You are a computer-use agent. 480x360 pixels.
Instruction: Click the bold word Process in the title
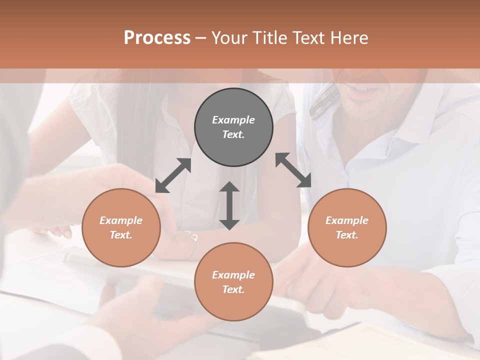(157, 38)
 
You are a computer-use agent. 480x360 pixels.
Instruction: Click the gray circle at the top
(233, 127)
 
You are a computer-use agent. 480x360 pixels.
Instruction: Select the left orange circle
(121, 227)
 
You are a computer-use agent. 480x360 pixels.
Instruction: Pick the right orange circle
(347, 227)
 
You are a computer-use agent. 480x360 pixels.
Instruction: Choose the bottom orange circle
(233, 282)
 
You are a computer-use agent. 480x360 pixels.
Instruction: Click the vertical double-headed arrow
(229, 205)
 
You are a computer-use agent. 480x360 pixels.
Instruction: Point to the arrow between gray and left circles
(173, 175)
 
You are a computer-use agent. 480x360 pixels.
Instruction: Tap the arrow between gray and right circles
(293, 170)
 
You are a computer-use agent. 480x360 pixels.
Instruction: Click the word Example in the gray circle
(233, 120)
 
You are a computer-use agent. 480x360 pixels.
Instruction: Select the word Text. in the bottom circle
(233, 289)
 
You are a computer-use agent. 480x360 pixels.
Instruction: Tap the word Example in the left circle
(121, 220)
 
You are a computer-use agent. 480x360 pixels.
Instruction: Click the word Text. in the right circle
(347, 235)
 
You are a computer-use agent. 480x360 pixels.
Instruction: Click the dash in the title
(200, 38)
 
